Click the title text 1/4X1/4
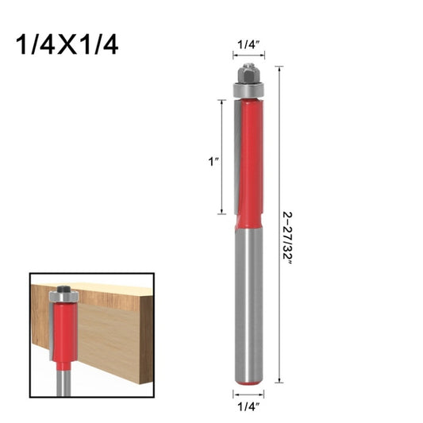click(67, 44)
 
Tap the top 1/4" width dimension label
click(248, 46)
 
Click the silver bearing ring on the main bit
click(248, 91)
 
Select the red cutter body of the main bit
click(252, 159)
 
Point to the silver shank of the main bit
click(248, 302)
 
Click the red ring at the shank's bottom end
click(248, 383)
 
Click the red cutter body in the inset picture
click(63, 333)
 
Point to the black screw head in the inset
click(63, 287)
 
